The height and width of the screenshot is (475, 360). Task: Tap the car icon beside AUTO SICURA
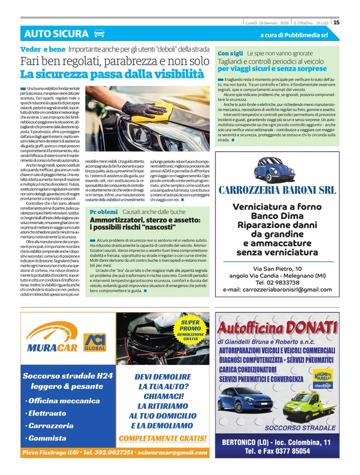[99, 34]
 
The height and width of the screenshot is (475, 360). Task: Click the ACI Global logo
[95, 343]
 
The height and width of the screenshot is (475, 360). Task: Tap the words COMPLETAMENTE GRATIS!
[162, 438]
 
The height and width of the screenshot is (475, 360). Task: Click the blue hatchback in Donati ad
[245, 406]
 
